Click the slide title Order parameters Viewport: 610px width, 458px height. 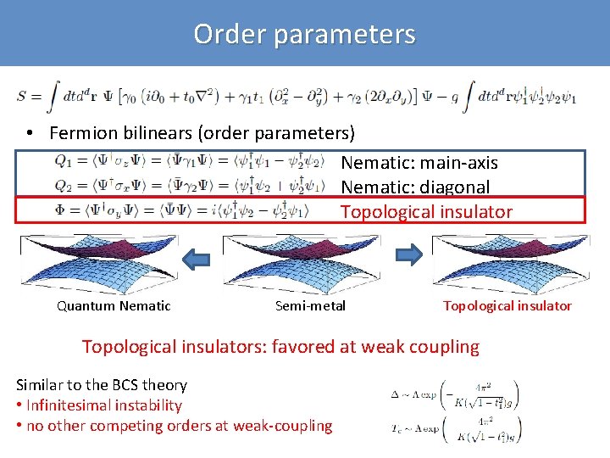click(304, 34)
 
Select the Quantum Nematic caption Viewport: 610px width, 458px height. click(114, 306)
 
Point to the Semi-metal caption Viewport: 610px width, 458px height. click(311, 306)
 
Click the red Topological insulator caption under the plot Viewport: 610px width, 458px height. click(507, 306)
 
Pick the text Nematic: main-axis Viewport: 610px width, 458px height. click(419, 162)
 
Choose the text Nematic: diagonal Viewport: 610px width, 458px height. click(415, 187)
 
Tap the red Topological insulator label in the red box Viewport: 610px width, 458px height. click(426, 211)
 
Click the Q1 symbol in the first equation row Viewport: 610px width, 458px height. click(64, 160)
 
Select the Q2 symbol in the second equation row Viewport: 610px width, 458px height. click(64, 185)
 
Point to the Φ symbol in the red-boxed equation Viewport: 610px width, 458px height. click(62, 209)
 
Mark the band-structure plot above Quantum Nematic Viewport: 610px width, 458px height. click(98, 261)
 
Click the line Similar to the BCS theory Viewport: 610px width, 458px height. click(101, 385)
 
